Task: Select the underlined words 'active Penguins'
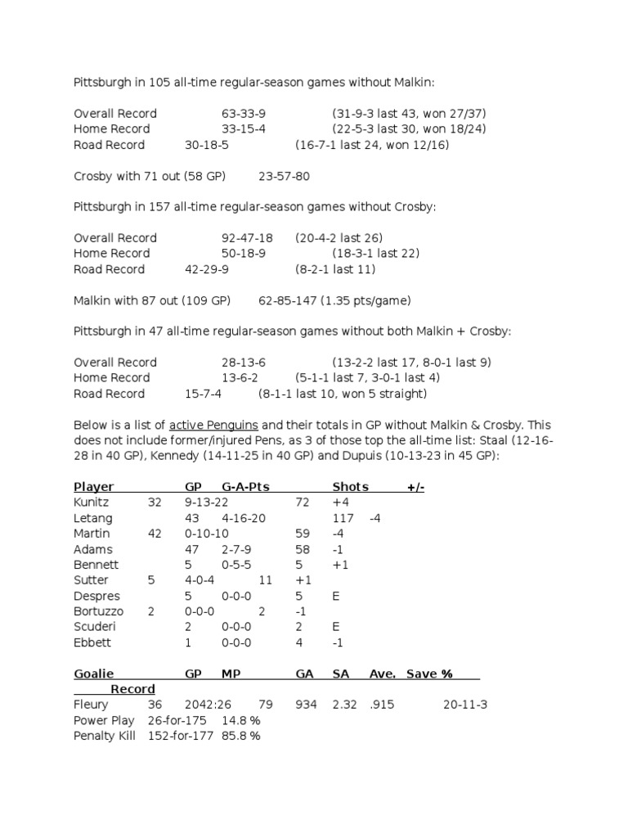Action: point(213,425)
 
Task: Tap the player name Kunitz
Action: point(91,502)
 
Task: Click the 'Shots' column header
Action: point(350,487)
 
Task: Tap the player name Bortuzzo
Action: point(99,611)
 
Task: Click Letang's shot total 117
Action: point(343,518)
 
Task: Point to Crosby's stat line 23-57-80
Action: point(284,176)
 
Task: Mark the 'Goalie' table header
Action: point(94,674)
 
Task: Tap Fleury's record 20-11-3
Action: point(465,705)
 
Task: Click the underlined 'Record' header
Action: point(132,689)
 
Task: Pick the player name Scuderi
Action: point(93,627)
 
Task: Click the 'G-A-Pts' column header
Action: point(245,487)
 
